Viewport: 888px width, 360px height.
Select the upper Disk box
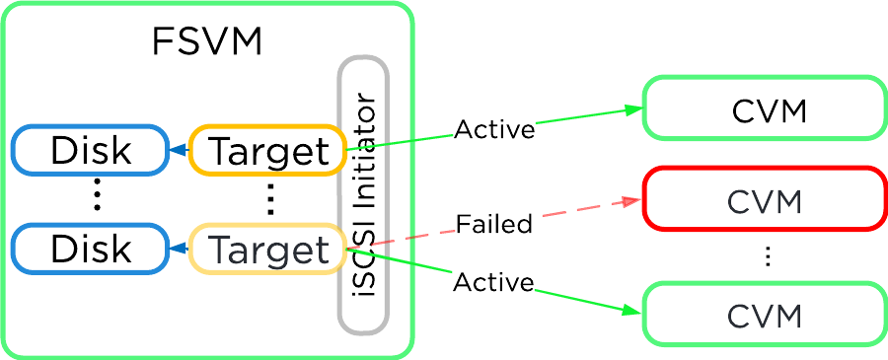point(90,151)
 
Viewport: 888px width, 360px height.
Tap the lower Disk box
point(90,250)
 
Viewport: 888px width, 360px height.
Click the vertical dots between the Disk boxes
point(97,198)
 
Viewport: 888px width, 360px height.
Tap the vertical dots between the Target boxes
point(271,199)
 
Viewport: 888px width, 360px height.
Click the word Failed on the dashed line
point(494,224)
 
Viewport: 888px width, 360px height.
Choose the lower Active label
point(493,283)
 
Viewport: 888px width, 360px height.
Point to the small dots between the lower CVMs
point(768,257)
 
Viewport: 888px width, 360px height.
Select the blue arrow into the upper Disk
point(177,151)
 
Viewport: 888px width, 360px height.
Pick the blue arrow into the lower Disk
point(177,250)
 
